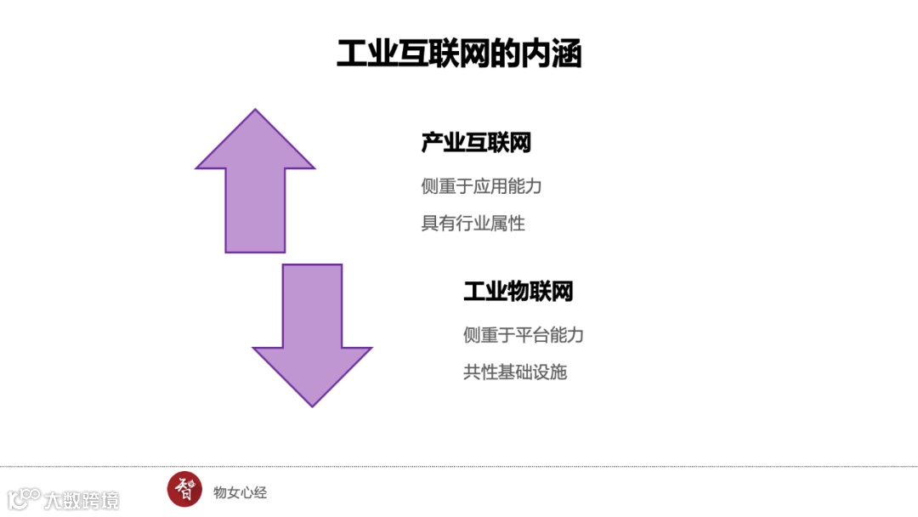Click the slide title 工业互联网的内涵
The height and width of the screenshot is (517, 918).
[459, 54]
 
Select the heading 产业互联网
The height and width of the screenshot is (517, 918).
[476, 143]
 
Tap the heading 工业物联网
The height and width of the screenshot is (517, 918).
[518, 292]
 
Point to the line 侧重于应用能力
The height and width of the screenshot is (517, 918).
[481, 186]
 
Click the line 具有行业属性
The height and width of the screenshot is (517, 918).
[473, 224]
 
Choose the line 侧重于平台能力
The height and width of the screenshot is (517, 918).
[524, 335]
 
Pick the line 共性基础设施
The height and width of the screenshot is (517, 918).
[515, 372]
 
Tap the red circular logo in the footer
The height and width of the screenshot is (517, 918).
[184, 489]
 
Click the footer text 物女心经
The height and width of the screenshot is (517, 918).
[241, 492]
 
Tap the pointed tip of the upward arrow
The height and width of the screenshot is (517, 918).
[255, 111]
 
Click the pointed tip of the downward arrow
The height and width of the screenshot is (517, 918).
[312, 404]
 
